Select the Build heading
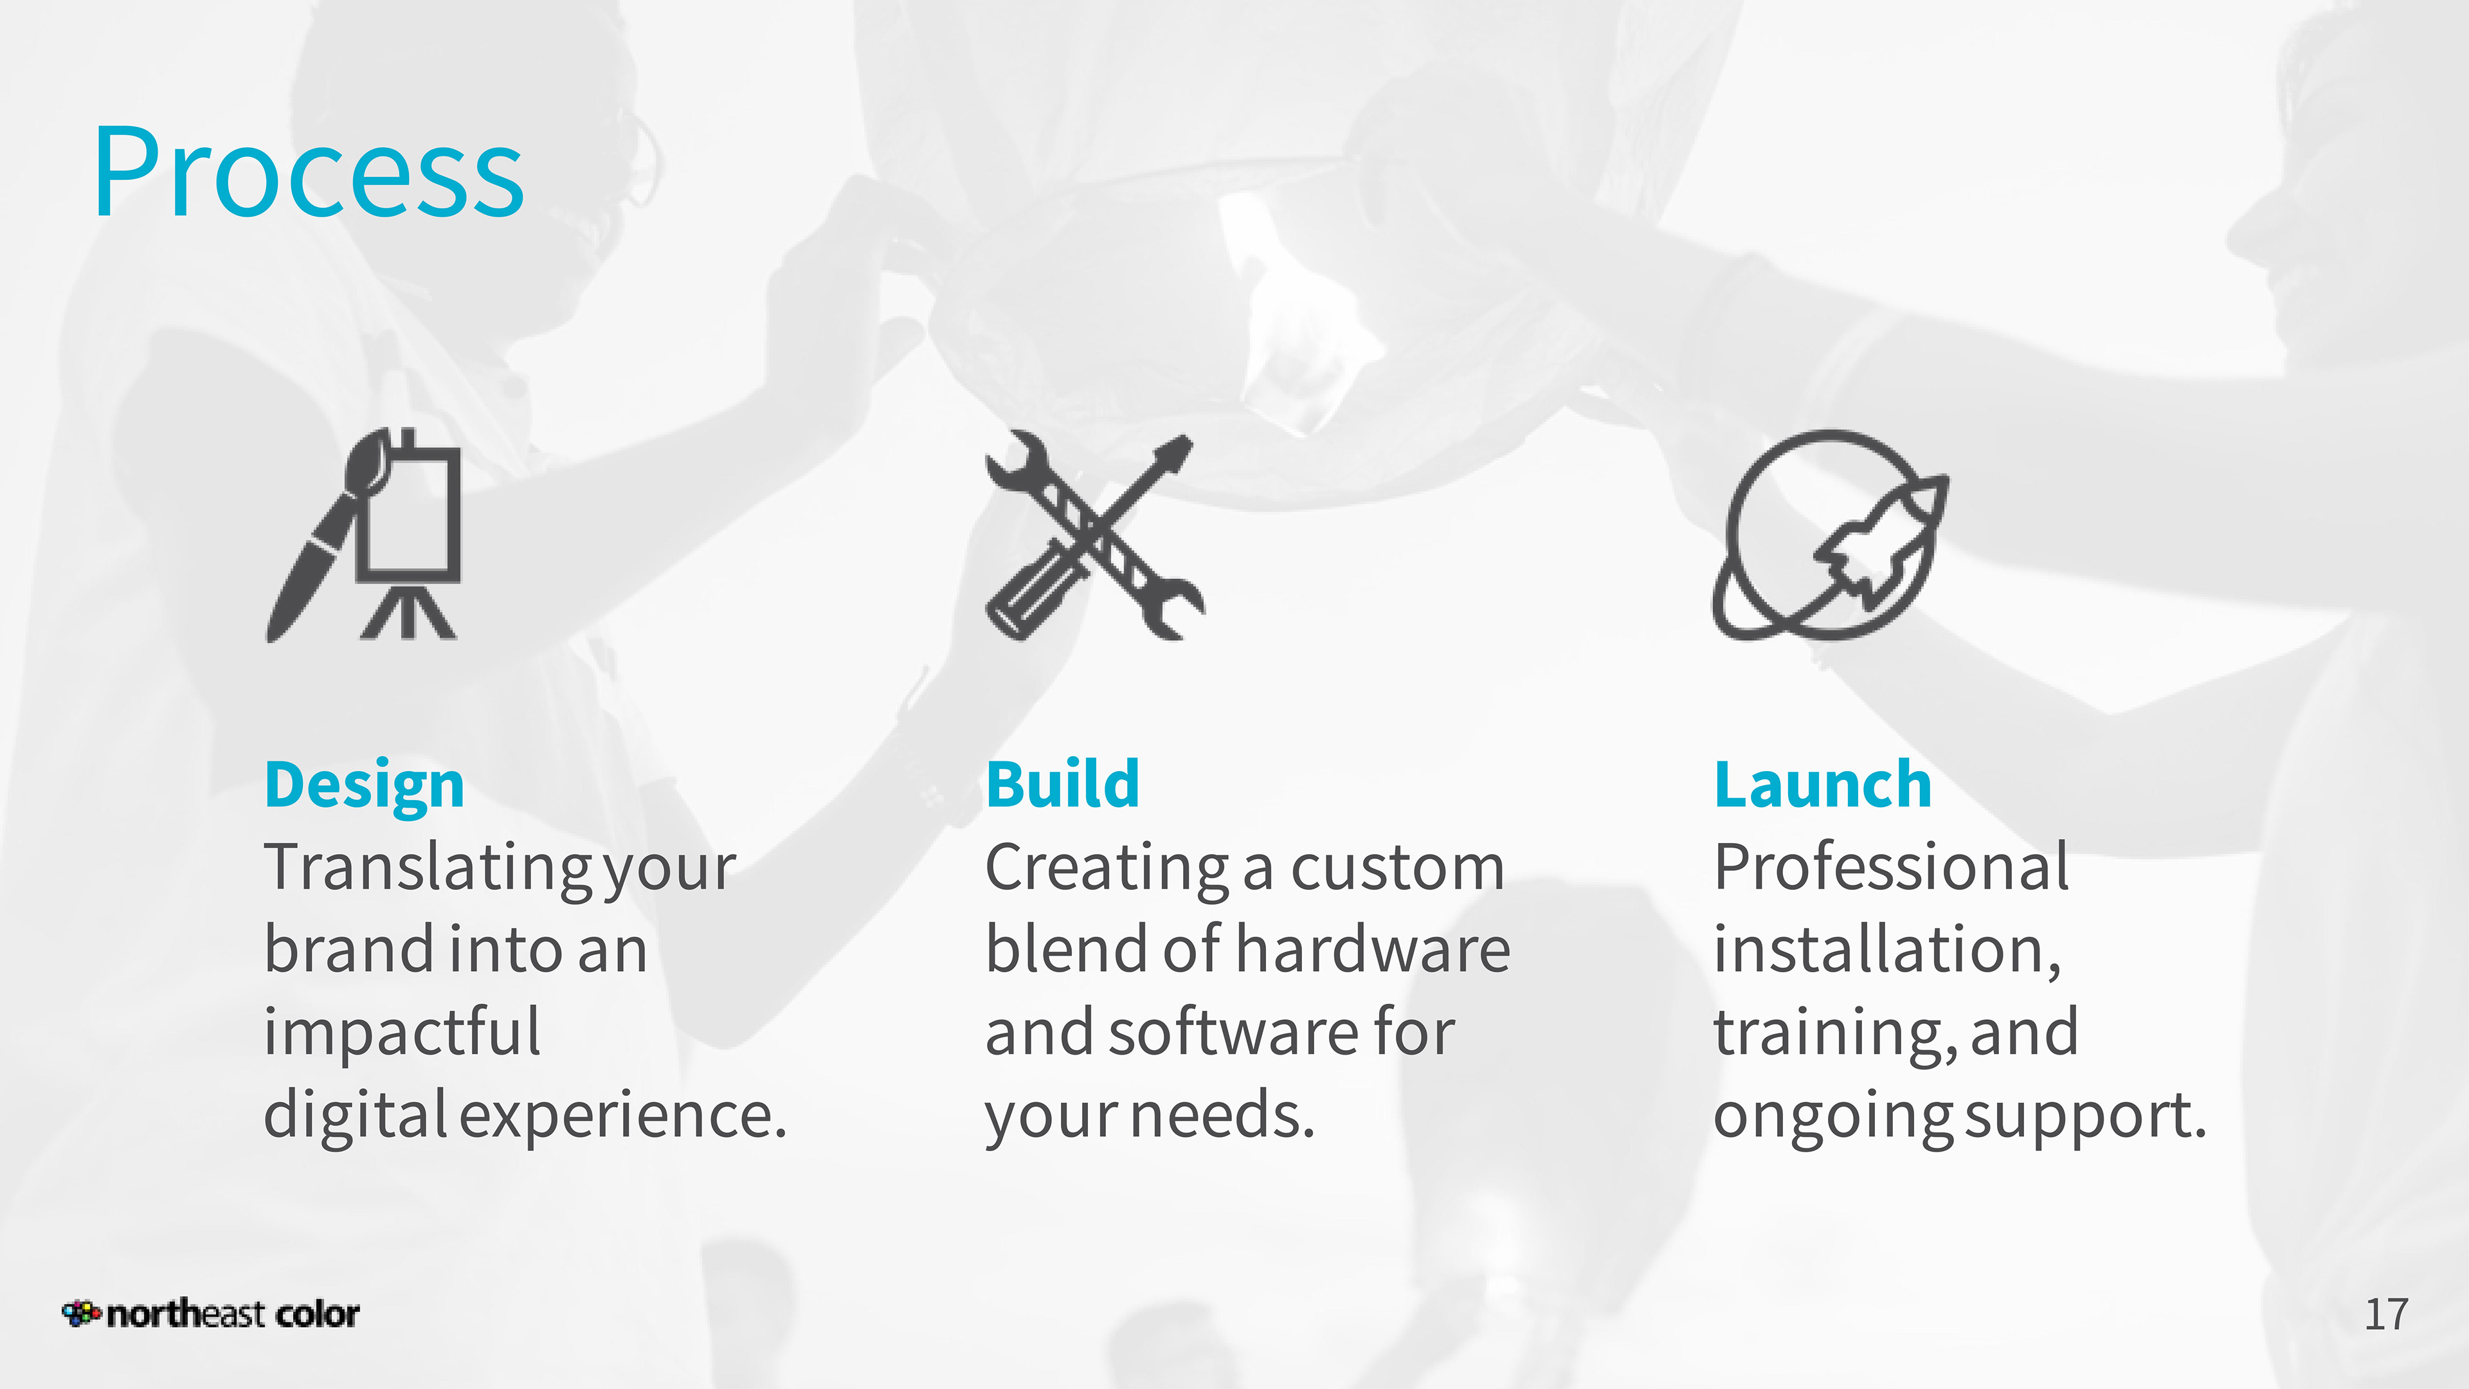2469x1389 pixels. (x=1063, y=784)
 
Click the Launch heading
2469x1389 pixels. (x=1822, y=784)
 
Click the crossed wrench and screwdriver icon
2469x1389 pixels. (x=1094, y=535)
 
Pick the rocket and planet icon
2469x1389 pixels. (x=1830, y=535)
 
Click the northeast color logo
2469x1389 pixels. (x=211, y=1313)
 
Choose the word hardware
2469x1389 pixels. (x=1373, y=949)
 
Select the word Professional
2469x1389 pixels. (x=1891, y=867)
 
